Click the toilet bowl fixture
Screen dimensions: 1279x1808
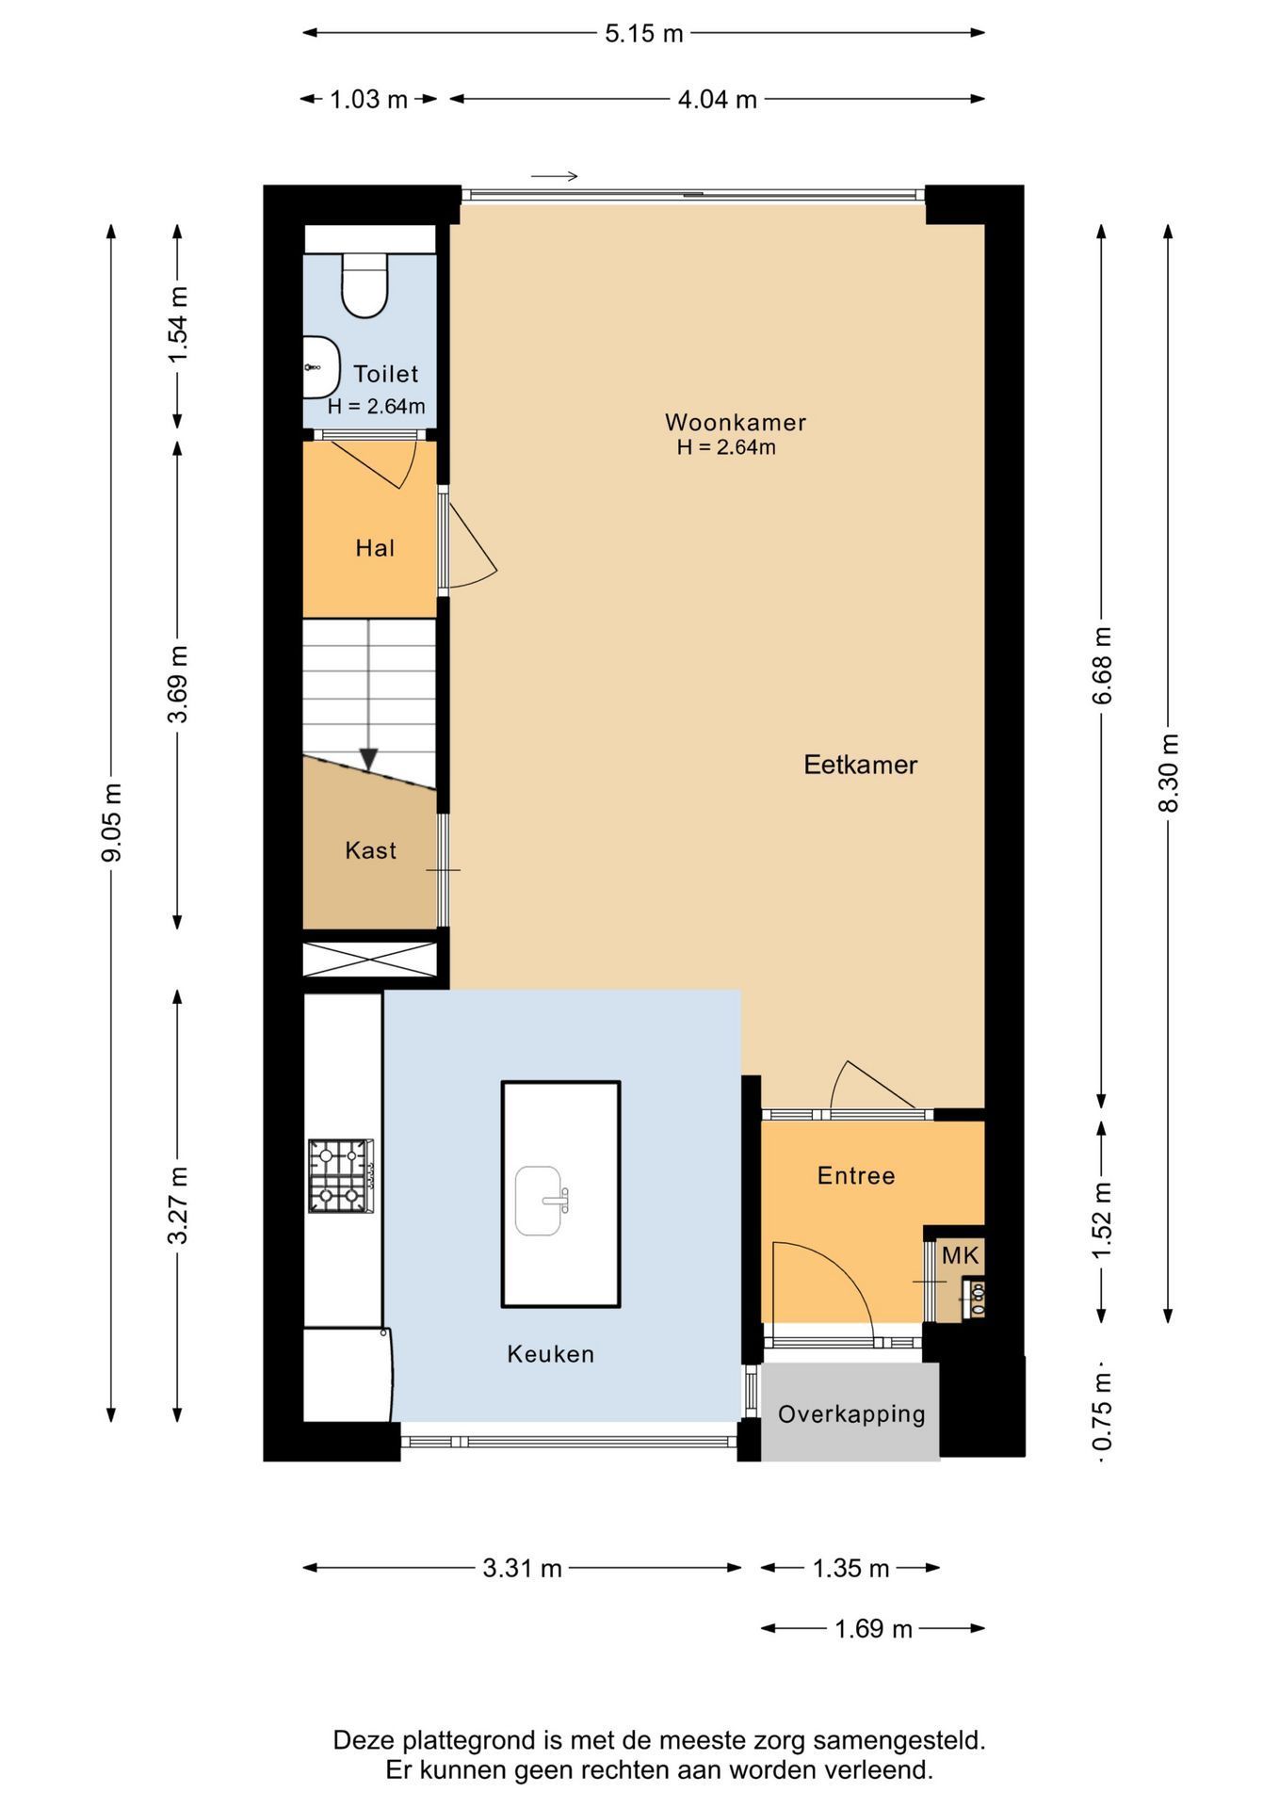tap(364, 285)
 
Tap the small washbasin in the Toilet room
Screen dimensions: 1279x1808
tap(321, 367)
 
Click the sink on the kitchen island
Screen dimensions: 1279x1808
tap(541, 1201)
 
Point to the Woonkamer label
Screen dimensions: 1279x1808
tap(736, 422)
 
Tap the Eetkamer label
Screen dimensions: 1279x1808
tap(860, 765)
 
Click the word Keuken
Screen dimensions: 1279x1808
tap(551, 1354)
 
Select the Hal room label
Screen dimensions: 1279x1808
tap(375, 548)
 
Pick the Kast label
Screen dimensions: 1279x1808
tap(371, 850)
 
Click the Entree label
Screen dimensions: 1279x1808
tap(856, 1175)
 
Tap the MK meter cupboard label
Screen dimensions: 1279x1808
tap(961, 1254)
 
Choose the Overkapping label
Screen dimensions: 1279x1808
tap(852, 1414)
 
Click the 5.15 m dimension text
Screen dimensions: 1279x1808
tap(644, 33)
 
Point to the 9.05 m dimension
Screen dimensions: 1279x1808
tap(112, 822)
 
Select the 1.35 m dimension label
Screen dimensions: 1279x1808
tap(850, 1568)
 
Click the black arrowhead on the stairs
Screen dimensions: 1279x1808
tap(369, 759)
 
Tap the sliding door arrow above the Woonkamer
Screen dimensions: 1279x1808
tap(554, 176)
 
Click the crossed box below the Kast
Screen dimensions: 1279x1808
tap(370, 960)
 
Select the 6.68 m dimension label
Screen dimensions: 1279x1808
tap(1103, 665)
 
